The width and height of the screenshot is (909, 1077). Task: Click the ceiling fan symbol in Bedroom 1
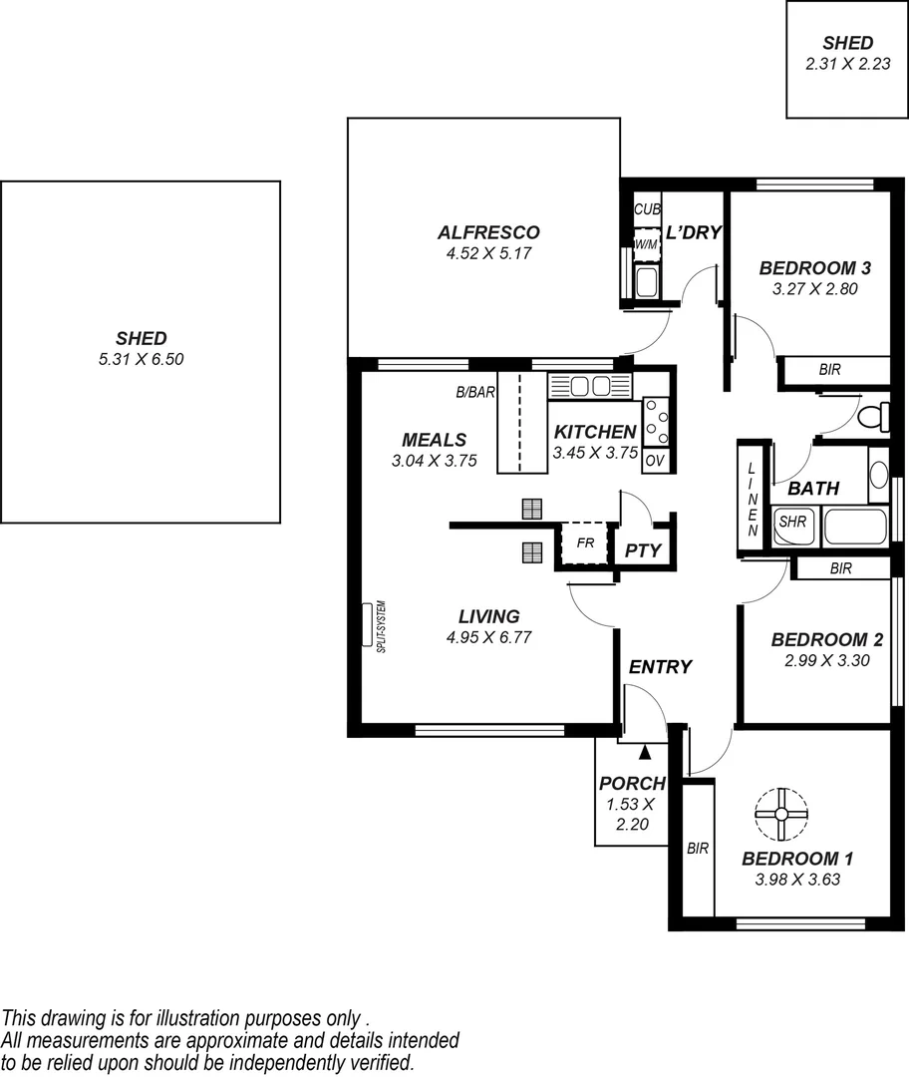click(781, 814)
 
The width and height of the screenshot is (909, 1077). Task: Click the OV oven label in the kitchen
click(655, 461)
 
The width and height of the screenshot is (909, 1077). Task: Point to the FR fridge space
click(584, 544)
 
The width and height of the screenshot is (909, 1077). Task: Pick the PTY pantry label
click(644, 549)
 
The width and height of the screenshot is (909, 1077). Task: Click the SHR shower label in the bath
click(792, 522)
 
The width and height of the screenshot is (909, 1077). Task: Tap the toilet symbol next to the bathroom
click(875, 416)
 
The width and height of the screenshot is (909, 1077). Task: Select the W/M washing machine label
click(647, 244)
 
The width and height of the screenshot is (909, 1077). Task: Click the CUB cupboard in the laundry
click(647, 209)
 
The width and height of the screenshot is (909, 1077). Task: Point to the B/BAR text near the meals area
click(475, 393)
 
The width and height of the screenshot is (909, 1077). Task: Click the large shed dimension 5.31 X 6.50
click(141, 358)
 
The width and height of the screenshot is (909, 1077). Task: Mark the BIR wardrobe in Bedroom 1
click(698, 849)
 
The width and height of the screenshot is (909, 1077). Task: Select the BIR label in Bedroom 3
click(829, 370)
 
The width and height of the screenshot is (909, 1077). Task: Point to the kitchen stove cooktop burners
click(656, 421)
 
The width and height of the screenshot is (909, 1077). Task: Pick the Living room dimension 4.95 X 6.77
click(488, 637)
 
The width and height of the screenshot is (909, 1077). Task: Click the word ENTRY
click(660, 667)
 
